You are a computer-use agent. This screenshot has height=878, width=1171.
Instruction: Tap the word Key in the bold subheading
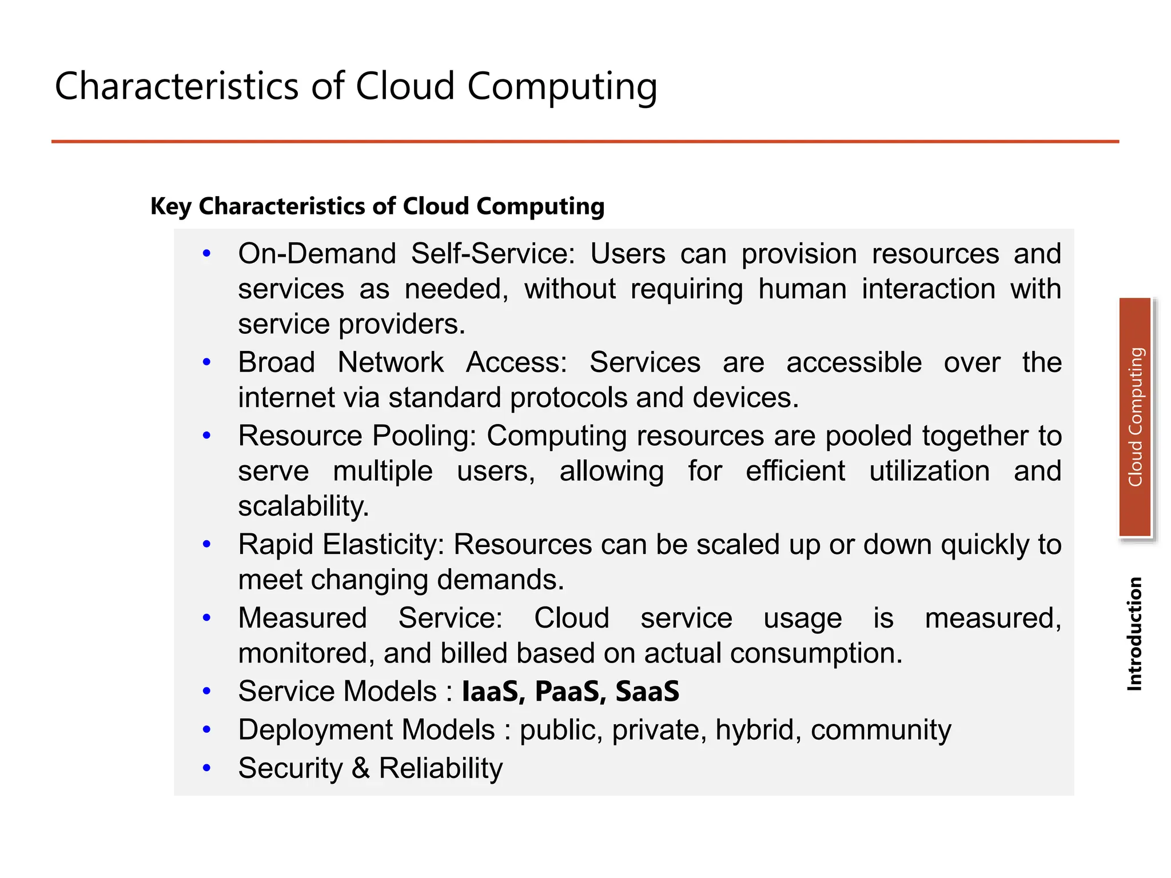pos(170,207)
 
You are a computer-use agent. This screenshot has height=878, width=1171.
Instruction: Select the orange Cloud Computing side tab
pos(1135,417)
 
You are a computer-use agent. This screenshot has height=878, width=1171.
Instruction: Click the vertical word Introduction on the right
pos(1134,634)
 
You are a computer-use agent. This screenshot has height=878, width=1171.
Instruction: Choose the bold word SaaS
pos(647,691)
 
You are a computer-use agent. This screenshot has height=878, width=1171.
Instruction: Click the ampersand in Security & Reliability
pos(360,768)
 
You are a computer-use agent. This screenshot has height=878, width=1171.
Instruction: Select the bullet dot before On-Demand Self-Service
pos(207,253)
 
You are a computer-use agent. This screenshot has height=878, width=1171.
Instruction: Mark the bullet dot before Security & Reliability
pos(207,768)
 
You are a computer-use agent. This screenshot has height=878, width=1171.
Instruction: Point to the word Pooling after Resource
pos(424,436)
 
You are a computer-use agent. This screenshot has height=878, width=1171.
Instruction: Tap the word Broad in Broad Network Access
pos(277,362)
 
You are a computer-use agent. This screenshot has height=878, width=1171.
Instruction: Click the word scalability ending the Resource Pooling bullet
pos(304,506)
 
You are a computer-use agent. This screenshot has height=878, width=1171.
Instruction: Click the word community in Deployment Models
pos(881,730)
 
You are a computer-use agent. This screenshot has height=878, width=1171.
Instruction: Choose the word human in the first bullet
pos(802,289)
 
